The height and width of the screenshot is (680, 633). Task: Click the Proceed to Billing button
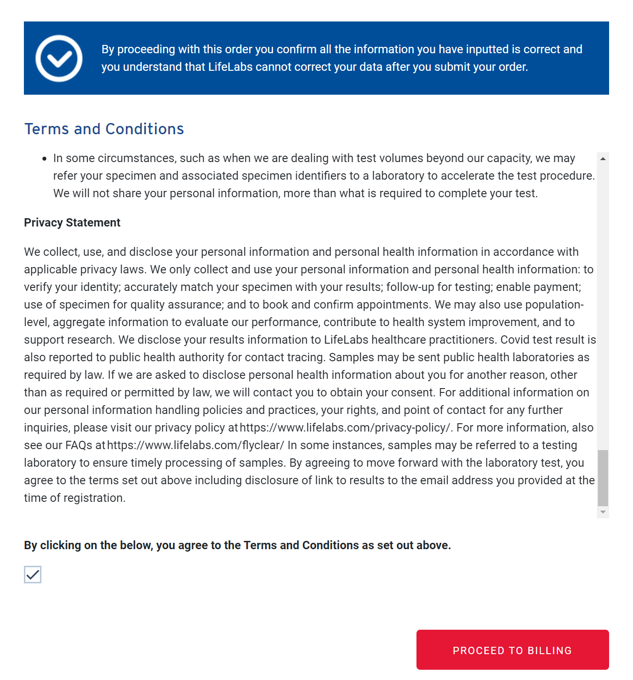point(512,650)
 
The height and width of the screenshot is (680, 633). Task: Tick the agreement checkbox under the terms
point(33,575)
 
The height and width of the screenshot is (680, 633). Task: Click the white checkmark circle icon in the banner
point(59,59)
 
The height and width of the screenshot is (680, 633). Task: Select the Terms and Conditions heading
point(104,129)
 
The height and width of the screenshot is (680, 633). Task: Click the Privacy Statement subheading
point(72,223)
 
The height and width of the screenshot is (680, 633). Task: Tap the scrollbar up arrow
point(603,159)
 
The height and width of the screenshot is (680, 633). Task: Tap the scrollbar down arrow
point(603,512)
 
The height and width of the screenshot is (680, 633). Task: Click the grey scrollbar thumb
point(603,478)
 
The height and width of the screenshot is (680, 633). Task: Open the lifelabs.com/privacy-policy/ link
point(346,428)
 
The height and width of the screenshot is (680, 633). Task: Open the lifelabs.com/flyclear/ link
point(195,445)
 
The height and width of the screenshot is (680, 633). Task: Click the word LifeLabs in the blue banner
point(230,67)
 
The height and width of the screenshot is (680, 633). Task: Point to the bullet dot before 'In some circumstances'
point(44,159)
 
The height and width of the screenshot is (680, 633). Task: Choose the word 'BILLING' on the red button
point(550,651)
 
